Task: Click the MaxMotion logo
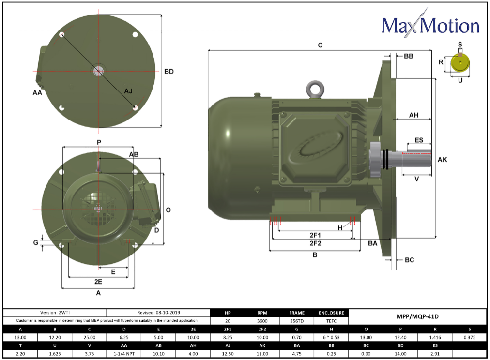coord(430,25)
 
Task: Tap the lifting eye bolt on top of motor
coord(314,89)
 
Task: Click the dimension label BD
coord(168,72)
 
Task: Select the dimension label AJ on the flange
coord(128,91)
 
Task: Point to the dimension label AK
coord(443,159)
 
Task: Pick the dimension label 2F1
coord(315,234)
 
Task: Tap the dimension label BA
coord(372,243)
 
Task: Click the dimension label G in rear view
coord(35,242)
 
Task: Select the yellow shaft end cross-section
coord(460,63)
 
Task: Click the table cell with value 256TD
coord(296,320)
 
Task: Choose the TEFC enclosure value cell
coord(331,320)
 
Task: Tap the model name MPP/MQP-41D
coord(417,316)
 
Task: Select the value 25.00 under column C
coord(90,337)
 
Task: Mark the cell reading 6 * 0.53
coord(331,337)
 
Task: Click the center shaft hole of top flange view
coord(99,71)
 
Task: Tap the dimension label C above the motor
coord(320,45)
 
